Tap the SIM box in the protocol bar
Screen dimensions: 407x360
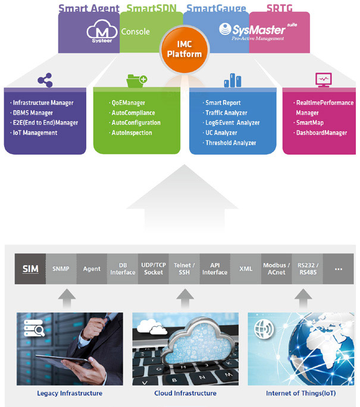coord(30,268)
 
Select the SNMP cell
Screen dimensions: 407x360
coord(61,268)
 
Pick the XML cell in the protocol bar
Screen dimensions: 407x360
coord(246,268)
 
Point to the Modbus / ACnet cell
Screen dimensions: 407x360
coord(277,268)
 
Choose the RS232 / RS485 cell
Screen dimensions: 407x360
coord(308,268)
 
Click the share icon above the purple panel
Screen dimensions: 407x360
coord(44,80)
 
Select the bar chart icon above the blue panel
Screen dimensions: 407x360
coord(231,80)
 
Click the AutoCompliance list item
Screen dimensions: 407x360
coord(133,113)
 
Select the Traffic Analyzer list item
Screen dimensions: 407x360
coord(226,113)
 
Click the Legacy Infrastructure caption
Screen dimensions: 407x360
coord(70,393)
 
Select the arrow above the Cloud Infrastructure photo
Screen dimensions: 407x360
coord(185,296)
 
